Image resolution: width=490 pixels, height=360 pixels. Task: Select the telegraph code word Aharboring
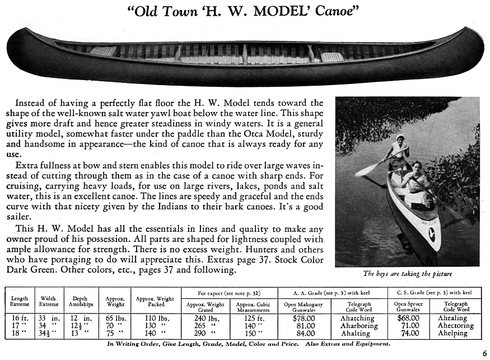point(358,326)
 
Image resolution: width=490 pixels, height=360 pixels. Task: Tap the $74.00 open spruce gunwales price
point(407,333)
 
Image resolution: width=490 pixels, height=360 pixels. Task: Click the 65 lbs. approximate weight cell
point(114,318)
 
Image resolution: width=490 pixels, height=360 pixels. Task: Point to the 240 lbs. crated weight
point(205,318)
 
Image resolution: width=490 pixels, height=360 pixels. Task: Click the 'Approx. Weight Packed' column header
point(156,301)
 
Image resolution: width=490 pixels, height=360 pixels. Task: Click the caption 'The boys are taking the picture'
point(407,274)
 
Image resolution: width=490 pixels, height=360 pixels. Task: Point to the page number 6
point(484,353)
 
